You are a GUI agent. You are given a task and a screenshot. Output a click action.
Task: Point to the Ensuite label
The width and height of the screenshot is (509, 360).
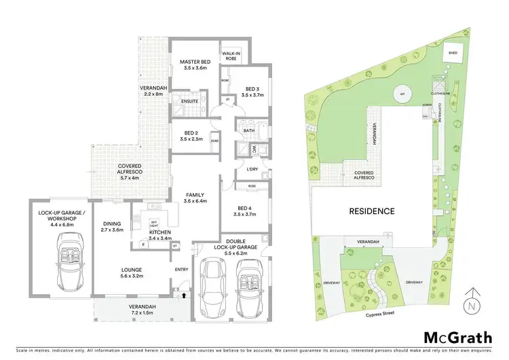pos(189,102)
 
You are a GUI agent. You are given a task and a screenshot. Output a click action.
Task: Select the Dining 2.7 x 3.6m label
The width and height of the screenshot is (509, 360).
pos(111,227)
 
